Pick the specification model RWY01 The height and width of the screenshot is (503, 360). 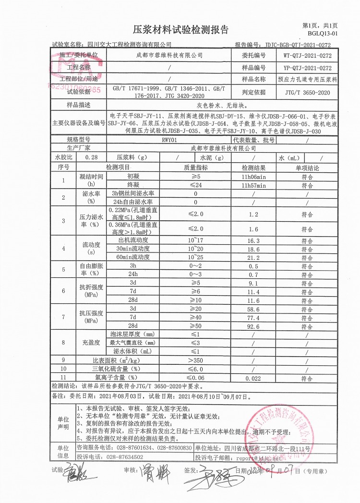point(169,140)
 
